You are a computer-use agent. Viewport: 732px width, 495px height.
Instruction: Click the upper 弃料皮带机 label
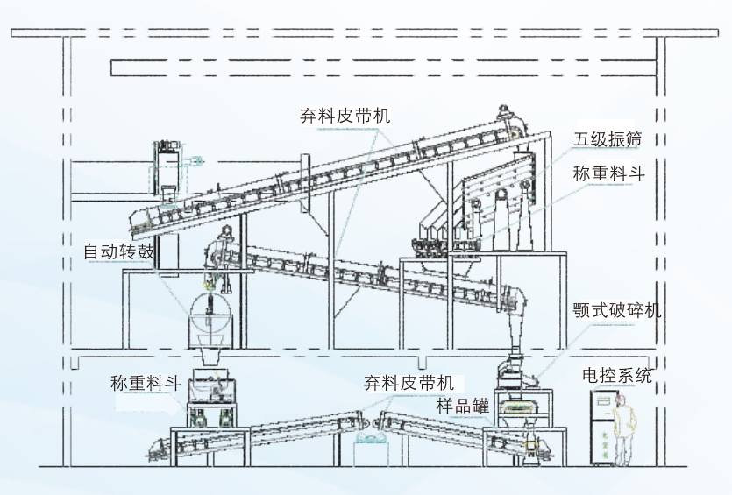344,117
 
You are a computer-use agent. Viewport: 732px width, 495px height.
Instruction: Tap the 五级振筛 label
608,140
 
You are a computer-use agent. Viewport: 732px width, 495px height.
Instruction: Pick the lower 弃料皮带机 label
409,383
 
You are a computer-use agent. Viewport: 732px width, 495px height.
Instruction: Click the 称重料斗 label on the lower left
146,383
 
